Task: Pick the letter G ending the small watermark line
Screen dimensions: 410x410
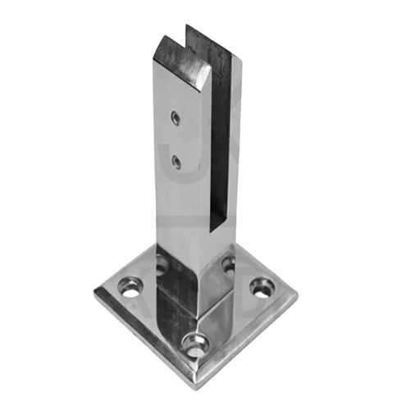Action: [299, 349]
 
